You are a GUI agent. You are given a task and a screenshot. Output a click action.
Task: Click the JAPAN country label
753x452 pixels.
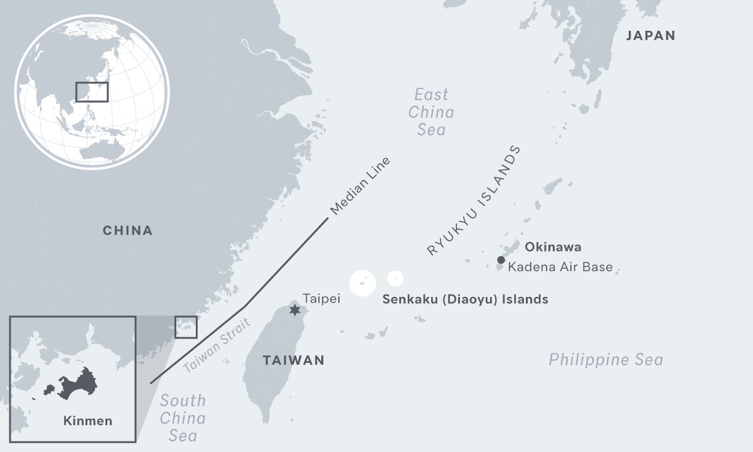(651, 36)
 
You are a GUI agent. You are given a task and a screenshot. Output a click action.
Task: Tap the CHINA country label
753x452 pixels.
(128, 230)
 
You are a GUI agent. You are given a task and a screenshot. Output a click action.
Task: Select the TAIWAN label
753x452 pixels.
(294, 360)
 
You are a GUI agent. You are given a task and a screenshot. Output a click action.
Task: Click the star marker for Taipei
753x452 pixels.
(294, 309)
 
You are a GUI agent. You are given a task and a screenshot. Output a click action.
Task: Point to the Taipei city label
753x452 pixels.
(321, 299)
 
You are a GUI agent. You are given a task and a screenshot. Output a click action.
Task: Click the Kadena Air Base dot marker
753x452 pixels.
(501, 260)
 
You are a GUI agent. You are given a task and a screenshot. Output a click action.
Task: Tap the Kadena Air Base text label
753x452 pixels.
(560, 267)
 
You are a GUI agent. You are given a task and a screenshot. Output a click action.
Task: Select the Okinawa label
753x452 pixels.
(553, 247)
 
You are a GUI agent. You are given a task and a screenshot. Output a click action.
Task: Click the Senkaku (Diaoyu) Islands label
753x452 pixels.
(465, 299)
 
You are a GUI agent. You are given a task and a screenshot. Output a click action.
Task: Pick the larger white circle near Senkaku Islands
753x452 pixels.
(363, 283)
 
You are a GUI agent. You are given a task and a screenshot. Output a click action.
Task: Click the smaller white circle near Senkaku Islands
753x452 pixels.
(395, 278)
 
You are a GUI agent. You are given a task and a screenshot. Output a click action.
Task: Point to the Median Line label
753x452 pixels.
(360, 186)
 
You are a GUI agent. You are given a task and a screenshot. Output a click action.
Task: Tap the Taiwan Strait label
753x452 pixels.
(217, 346)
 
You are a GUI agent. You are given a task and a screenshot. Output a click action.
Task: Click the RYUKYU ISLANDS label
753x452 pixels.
(474, 200)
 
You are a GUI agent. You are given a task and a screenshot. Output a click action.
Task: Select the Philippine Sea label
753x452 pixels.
(606, 360)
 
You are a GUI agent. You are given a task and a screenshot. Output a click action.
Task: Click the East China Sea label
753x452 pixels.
(431, 112)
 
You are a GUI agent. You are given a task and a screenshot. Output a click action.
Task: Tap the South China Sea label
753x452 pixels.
(183, 417)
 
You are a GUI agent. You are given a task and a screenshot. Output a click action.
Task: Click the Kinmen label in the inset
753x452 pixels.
(88, 421)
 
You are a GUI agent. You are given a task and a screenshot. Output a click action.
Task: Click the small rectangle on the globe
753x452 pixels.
(92, 92)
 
